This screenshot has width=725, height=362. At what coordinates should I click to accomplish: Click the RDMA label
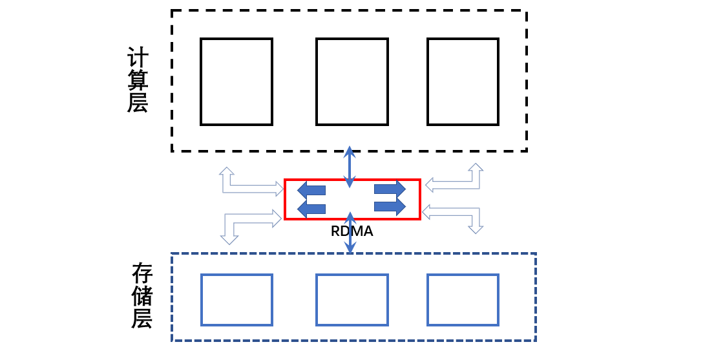pyautogui.click(x=352, y=231)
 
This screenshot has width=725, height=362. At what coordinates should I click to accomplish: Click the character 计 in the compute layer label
pyautogui.click(x=138, y=58)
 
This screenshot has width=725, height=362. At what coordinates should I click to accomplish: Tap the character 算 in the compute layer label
pyautogui.click(x=138, y=80)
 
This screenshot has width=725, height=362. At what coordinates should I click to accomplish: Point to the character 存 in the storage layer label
pyautogui.click(x=142, y=273)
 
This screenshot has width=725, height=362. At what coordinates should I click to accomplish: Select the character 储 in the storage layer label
pyautogui.click(x=142, y=296)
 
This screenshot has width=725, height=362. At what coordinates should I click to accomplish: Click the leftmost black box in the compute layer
pyautogui.click(x=236, y=81)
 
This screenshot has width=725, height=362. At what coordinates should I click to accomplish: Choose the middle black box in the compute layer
pyautogui.click(x=352, y=81)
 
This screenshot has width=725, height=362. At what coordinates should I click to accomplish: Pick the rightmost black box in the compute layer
pyautogui.click(x=463, y=81)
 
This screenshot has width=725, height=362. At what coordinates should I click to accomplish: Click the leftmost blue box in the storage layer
pyautogui.click(x=236, y=300)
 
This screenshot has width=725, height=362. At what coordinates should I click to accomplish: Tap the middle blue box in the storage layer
pyautogui.click(x=352, y=300)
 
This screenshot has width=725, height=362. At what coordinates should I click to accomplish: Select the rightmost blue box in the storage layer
pyautogui.click(x=463, y=300)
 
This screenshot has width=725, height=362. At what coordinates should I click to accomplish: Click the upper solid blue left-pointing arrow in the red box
pyautogui.click(x=311, y=190)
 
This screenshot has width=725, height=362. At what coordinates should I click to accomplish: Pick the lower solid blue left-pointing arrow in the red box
pyautogui.click(x=311, y=208)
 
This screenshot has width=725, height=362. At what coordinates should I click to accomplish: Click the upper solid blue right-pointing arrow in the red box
pyautogui.click(x=390, y=189)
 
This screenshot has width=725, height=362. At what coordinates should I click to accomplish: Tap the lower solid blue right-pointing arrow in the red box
pyautogui.click(x=390, y=206)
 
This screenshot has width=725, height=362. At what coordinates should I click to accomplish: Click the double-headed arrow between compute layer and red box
pyautogui.click(x=350, y=167)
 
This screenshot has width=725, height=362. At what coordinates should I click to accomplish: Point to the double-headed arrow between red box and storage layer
pyautogui.click(x=350, y=233)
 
